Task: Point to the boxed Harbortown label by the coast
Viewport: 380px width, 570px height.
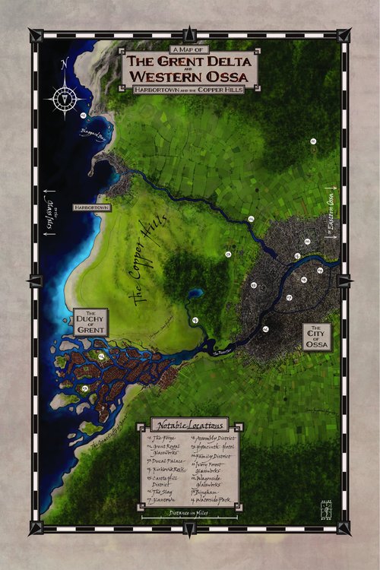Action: point(92,207)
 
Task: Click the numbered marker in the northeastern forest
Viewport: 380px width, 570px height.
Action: point(312,141)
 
